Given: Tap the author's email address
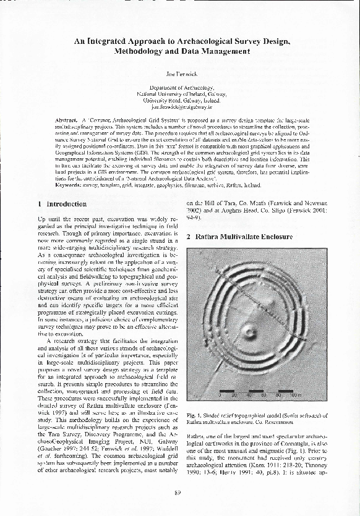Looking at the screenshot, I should point(180,106).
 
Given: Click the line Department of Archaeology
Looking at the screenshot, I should point(180,88).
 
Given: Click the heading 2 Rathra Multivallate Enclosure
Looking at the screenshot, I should point(239,237).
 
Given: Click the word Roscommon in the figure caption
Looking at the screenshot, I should point(289,422).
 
